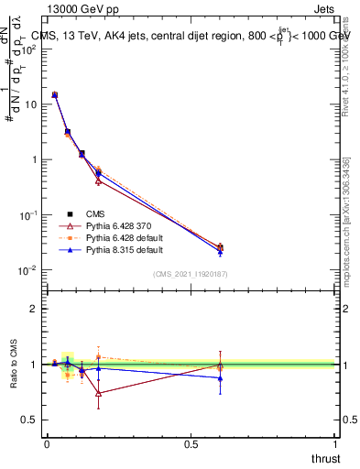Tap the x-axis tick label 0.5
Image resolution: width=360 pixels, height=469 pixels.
click(191, 444)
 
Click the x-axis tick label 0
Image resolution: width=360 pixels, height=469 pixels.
click(47, 444)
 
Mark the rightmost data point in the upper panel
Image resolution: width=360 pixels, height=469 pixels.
click(220, 247)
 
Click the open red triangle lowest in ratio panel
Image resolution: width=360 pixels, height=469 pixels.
click(98, 393)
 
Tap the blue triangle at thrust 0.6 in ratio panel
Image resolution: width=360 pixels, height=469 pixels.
click(220, 377)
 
